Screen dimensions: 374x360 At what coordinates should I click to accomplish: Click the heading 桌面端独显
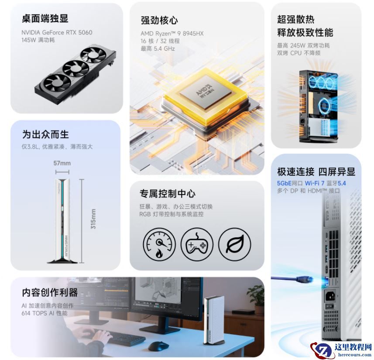[45, 19]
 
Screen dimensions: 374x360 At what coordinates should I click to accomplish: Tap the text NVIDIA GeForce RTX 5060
[57, 32]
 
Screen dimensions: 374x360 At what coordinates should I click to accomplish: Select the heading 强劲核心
[159, 21]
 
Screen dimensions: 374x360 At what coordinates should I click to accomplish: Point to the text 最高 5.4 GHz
[158, 49]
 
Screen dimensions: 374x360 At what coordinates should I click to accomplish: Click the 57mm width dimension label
[62, 163]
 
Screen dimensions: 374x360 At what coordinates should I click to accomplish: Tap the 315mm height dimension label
[93, 219]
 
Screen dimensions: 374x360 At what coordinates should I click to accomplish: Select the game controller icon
[197, 244]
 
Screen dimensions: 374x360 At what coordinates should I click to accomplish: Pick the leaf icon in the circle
[235, 244]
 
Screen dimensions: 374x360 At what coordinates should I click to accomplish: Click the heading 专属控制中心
[168, 193]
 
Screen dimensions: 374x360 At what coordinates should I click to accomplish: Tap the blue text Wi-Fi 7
[315, 183]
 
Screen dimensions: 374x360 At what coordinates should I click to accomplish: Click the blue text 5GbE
[284, 183]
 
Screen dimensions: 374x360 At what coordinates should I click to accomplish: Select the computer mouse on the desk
[158, 346]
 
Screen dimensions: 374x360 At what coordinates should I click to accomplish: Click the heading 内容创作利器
[50, 292]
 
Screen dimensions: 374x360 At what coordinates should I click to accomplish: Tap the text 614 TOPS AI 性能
[45, 313]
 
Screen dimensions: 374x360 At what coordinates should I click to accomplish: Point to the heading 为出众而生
[45, 134]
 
